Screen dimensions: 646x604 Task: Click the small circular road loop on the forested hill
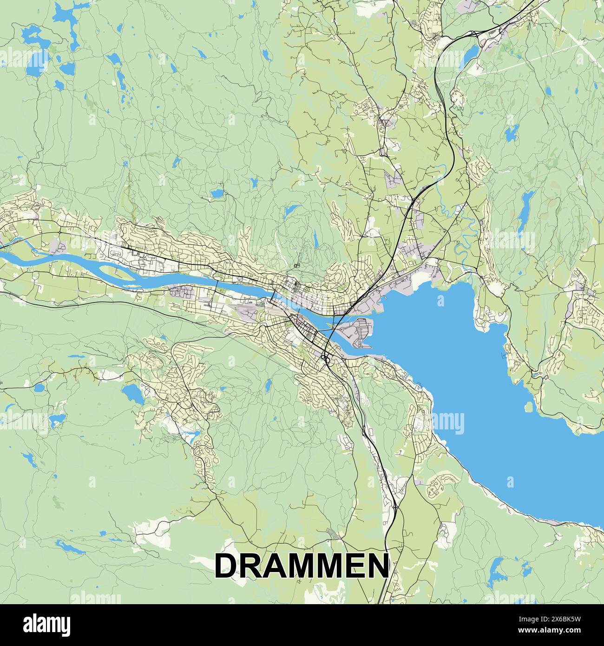click(x=296, y=265)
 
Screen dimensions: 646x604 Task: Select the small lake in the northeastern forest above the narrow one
click(x=511, y=134)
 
